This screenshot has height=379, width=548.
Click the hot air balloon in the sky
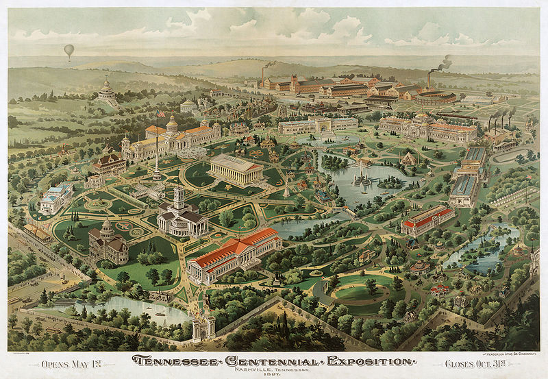[68, 50]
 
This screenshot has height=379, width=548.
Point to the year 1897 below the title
[274, 374]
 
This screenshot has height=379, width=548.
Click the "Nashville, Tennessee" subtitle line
[274, 369]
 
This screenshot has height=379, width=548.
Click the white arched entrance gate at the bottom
[204, 322]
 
